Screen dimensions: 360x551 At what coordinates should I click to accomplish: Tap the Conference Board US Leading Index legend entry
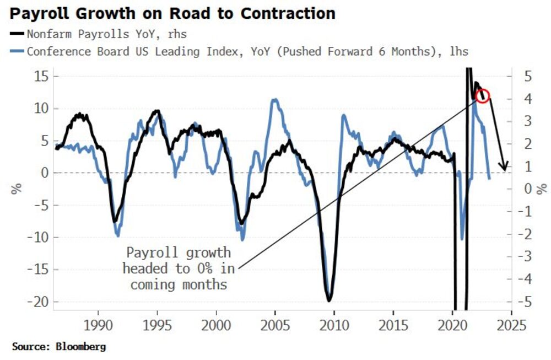click(x=247, y=51)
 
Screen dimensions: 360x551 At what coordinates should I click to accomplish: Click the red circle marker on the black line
click(x=482, y=95)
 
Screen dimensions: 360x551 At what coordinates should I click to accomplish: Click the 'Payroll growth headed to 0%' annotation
click(x=179, y=268)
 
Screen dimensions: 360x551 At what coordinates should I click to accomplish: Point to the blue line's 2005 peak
click(x=274, y=100)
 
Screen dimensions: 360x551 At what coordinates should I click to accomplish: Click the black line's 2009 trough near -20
click(x=329, y=300)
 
